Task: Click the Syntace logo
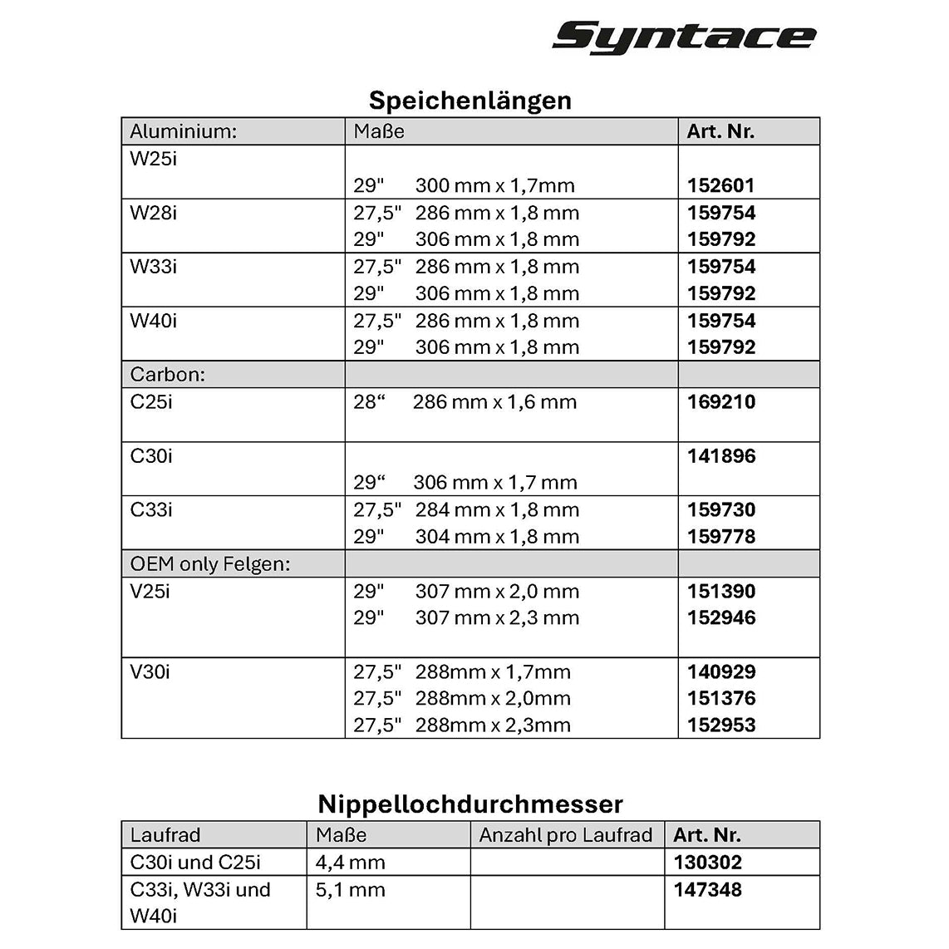[684, 37]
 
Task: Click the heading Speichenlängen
[470, 101]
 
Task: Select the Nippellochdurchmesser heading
[470, 804]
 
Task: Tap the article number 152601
[720, 185]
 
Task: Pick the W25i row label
[154, 159]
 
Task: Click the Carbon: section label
[168, 375]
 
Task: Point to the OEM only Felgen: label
[210, 564]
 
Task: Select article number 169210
[721, 402]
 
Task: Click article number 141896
[721, 456]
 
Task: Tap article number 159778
[721, 537]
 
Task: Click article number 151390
[721, 592]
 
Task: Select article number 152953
[721, 725]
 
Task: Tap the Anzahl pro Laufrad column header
[566, 835]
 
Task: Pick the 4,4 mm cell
[351, 863]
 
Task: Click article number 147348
[708, 890]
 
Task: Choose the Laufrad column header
[165, 835]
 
